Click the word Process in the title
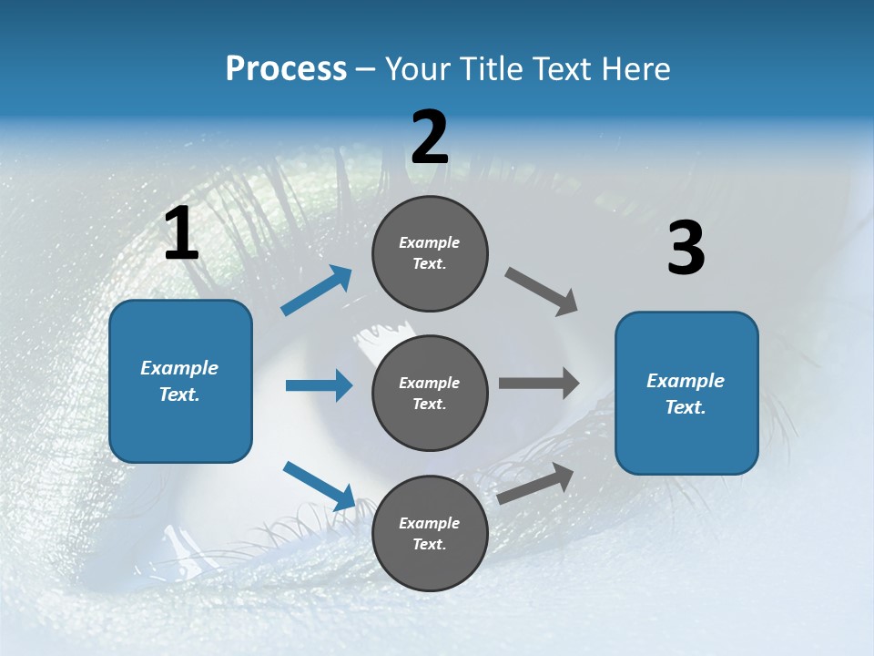(x=286, y=68)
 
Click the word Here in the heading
(x=636, y=68)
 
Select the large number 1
(x=181, y=234)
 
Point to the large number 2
(x=430, y=138)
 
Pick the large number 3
(x=686, y=249)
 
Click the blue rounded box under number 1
(x=180, y=381)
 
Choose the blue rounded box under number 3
(x=686, y=393)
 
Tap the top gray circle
(x=430, y=253)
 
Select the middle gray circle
(x=430, y=393)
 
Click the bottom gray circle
(x=430, y=533)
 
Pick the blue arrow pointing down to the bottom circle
(x=320, y=485)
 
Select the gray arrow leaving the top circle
(x=542, y=292)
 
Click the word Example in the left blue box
(x=179, y=368)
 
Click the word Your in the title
(x=414, y=68)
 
